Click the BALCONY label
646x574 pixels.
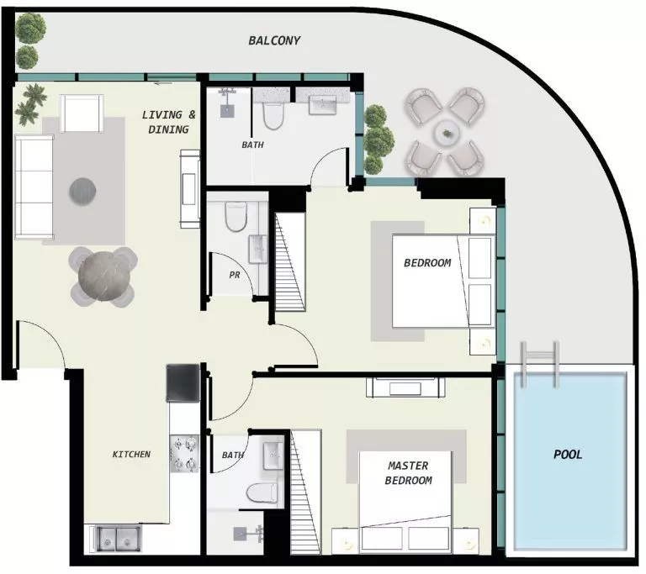(x=274, y=40)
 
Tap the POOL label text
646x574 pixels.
(x=568, y=455)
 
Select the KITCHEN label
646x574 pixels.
(x=131, y=454)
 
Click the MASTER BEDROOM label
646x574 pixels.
(x=408, y=473)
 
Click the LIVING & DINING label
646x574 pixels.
(x=168, y=122)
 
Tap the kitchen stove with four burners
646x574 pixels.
(x=184, y=453)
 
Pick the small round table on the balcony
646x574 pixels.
(x=446, y=132)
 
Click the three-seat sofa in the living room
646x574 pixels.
(x=34, y=187)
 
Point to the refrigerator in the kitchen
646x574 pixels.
(x=183, y=382)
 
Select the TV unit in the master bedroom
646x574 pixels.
(x=405, y=387)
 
